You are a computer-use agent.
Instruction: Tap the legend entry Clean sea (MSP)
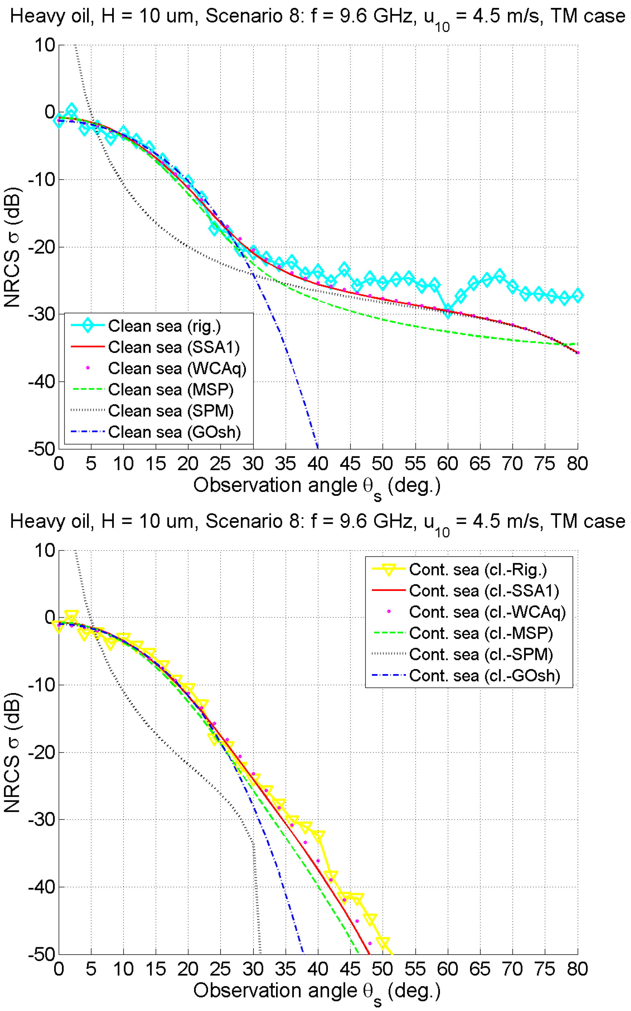tap(171, 390)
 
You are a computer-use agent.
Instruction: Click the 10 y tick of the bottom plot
tap(44, 551)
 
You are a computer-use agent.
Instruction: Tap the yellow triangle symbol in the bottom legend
tap(389, 569)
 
